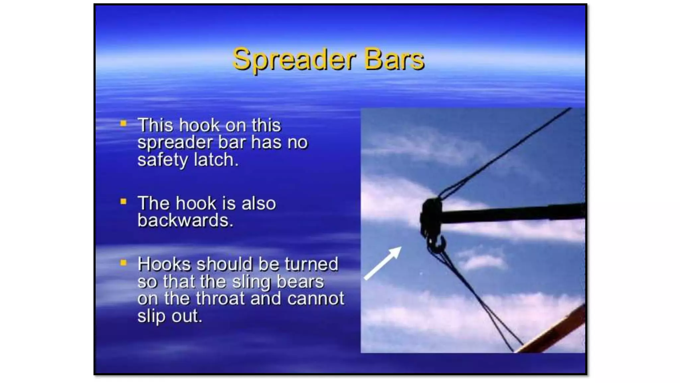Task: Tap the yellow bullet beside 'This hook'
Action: point(124,124)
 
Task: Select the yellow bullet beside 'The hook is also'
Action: point(124,201)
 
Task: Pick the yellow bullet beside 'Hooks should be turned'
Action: point(124,263)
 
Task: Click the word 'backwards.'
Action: point(185,220)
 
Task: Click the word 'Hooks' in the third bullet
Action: point(164,264)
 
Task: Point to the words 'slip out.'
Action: point(170,316)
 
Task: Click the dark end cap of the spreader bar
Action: point(431,216)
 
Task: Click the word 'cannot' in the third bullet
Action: point(316,298)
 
